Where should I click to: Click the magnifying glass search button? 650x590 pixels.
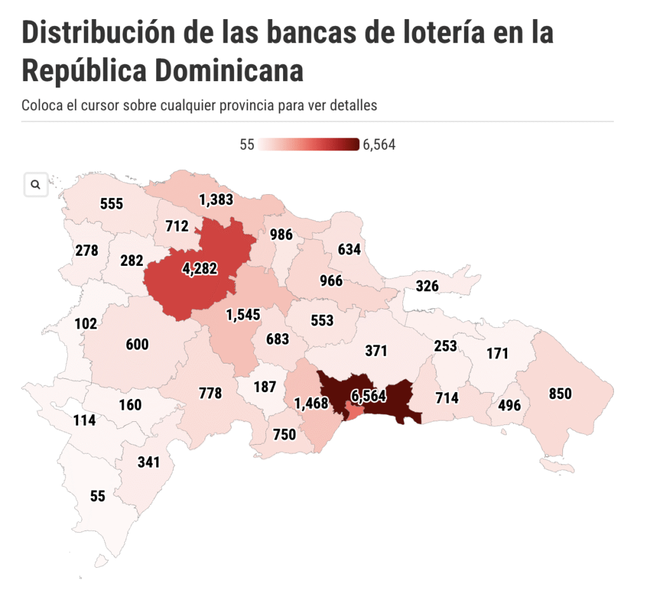click(x=36, y=185)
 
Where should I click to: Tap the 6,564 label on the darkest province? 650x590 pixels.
click(x=368, y=396)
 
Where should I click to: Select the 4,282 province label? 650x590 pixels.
click(x=200, y=269)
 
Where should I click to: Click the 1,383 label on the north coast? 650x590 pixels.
click(x=216, y=200)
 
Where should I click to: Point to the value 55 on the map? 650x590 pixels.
click(x=98, y=496)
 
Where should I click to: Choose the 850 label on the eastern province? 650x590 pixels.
click(x=560, y=394)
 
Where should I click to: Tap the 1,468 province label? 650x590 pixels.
click(x=310, y=403)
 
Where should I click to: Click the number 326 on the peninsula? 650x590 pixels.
click(x=427, y=286)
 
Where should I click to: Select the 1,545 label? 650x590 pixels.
click(x=244, y=314)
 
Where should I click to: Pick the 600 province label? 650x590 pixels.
click(x=137, y=344)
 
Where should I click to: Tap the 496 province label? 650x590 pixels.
click(x=509, y=405)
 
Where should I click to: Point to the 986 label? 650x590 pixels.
click(x=281, y=235)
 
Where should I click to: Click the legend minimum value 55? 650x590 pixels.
click(x=247, y=145)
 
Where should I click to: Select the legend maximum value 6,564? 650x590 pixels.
click(x=379, y=145)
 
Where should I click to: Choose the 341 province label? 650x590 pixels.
click(x=149, y=462)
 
